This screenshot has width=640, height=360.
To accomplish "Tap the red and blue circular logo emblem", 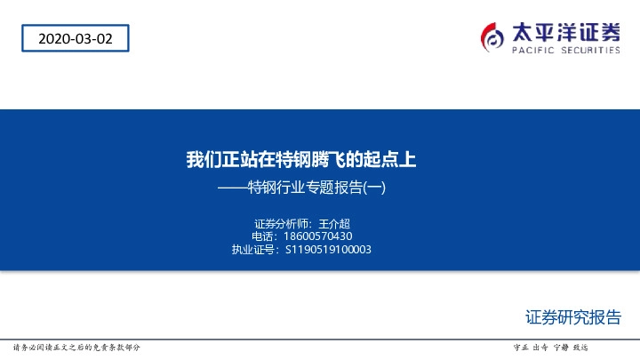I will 492,36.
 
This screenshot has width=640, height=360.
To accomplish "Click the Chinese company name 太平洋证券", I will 565,32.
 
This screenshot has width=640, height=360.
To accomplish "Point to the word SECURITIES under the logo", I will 588,51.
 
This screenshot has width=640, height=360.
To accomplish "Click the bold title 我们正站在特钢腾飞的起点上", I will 300,160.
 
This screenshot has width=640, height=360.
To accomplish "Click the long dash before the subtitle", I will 233,188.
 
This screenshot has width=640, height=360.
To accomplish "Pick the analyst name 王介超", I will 347,223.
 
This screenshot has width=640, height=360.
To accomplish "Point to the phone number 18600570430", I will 318,236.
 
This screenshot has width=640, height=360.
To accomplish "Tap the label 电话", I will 263,236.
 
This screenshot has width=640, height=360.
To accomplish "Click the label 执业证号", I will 253,250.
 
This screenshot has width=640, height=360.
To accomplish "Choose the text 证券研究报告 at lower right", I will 572,317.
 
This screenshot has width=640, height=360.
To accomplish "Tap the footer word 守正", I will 522,347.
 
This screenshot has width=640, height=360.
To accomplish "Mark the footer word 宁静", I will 560,347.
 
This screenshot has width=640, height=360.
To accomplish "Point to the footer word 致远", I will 580,347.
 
